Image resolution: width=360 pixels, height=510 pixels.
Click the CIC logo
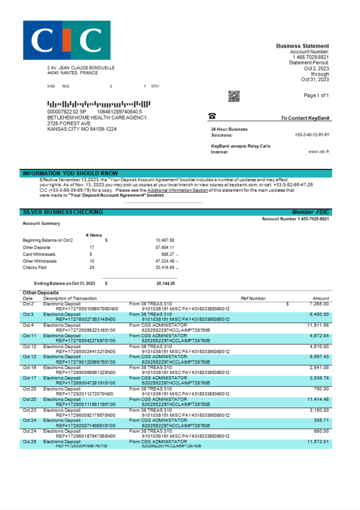(x=67, y=40)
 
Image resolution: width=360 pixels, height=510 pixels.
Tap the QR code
(x=234, y=96)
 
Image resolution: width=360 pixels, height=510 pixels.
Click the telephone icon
(x=212, y=115)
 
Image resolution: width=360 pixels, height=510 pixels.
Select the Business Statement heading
(x=302, y=46)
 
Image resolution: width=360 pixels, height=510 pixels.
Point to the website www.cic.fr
(x=318, y=152)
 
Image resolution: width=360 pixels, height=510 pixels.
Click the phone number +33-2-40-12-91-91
(x=312, y=135)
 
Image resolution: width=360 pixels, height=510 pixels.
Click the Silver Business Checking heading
(x=63, y=212)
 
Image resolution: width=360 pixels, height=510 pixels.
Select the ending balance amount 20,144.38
(x=165, y=283)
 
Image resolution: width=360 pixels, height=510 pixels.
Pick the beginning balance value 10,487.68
(x=165, y=240)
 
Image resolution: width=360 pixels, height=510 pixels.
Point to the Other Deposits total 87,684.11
(x=165, y=247)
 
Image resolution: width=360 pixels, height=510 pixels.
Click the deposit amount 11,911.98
(x=318, y=325)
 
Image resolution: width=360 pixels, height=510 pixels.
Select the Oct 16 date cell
(x=30, y=368)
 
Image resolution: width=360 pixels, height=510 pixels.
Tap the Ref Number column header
(x=253, y=298)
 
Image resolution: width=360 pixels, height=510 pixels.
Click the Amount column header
(x=321, y=298)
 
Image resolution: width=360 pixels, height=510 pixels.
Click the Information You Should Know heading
(x=70, y=173)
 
